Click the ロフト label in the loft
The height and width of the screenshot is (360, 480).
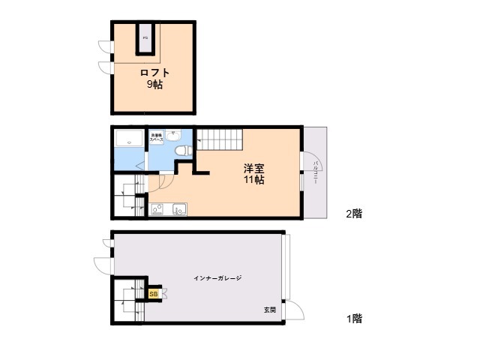point(154,73)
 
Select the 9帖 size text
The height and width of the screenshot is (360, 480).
point(154,84)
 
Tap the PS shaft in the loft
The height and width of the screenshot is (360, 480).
point(145,38)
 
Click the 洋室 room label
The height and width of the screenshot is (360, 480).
point(252,168)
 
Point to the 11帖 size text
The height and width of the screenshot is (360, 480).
point(252,180)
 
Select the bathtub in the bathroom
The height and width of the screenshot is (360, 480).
point(130,139)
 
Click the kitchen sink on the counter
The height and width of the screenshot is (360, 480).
point(178,209)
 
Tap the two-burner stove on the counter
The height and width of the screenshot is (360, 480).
point(157,209)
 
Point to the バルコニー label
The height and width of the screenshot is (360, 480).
point(316,173)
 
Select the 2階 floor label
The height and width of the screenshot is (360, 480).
point(354,213)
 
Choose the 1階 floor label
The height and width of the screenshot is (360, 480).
point(354,318)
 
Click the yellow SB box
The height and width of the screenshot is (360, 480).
point(154,294)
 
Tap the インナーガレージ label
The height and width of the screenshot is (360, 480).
point(218,278)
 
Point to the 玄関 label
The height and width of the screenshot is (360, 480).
point(268,310)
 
